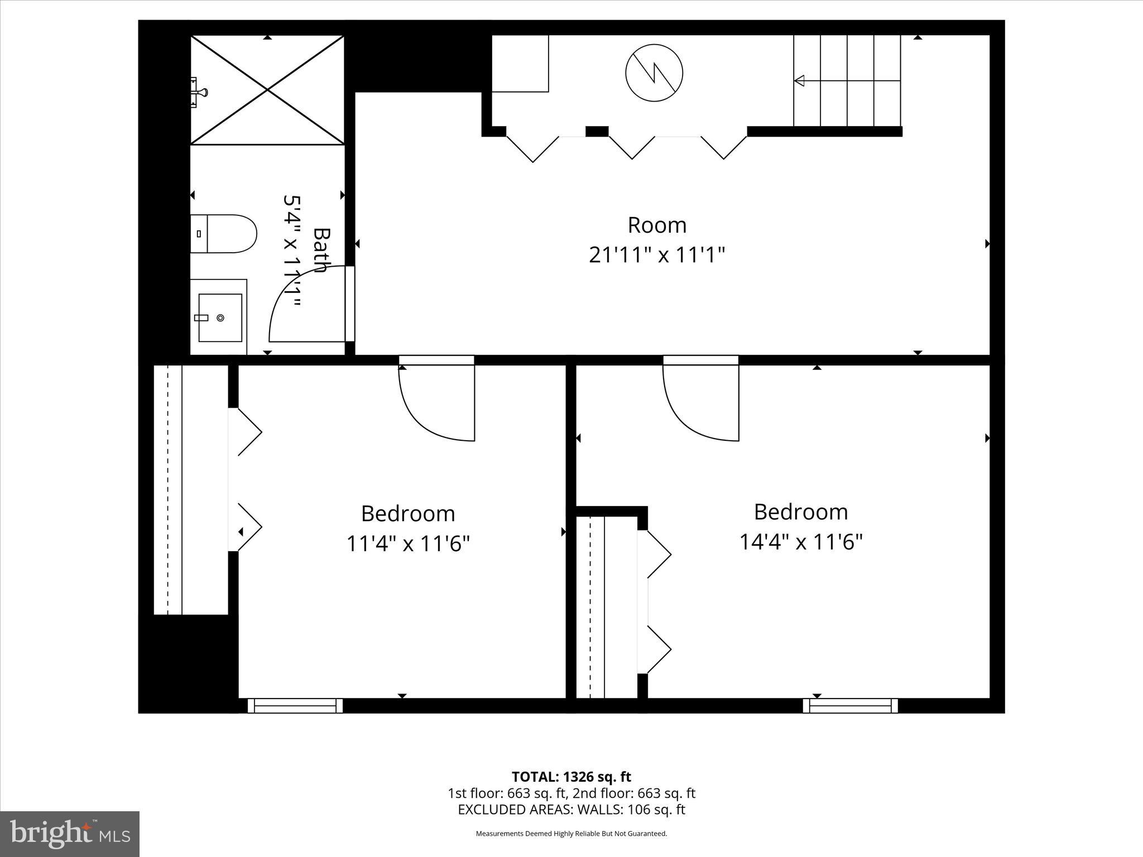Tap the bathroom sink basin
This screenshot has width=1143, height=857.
coord(220,317)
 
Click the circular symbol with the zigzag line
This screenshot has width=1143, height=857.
coord(654,73)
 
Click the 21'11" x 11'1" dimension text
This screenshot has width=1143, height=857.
coord(657,256)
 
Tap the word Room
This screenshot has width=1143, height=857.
coord(657,225)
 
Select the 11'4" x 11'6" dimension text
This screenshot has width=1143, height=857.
coord(408,543)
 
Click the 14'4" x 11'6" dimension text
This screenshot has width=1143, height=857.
coord(801,541)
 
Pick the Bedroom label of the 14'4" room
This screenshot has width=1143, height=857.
coord(801,512)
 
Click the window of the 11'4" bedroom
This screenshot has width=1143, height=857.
coord(295,706)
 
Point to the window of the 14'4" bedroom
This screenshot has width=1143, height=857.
coord(850,706)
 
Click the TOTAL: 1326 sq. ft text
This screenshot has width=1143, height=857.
coord(571,777)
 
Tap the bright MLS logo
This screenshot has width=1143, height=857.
coord(70,834)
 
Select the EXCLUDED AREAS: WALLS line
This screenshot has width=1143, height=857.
coord(571,809)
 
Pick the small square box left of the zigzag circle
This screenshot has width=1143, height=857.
coord(520,63)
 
